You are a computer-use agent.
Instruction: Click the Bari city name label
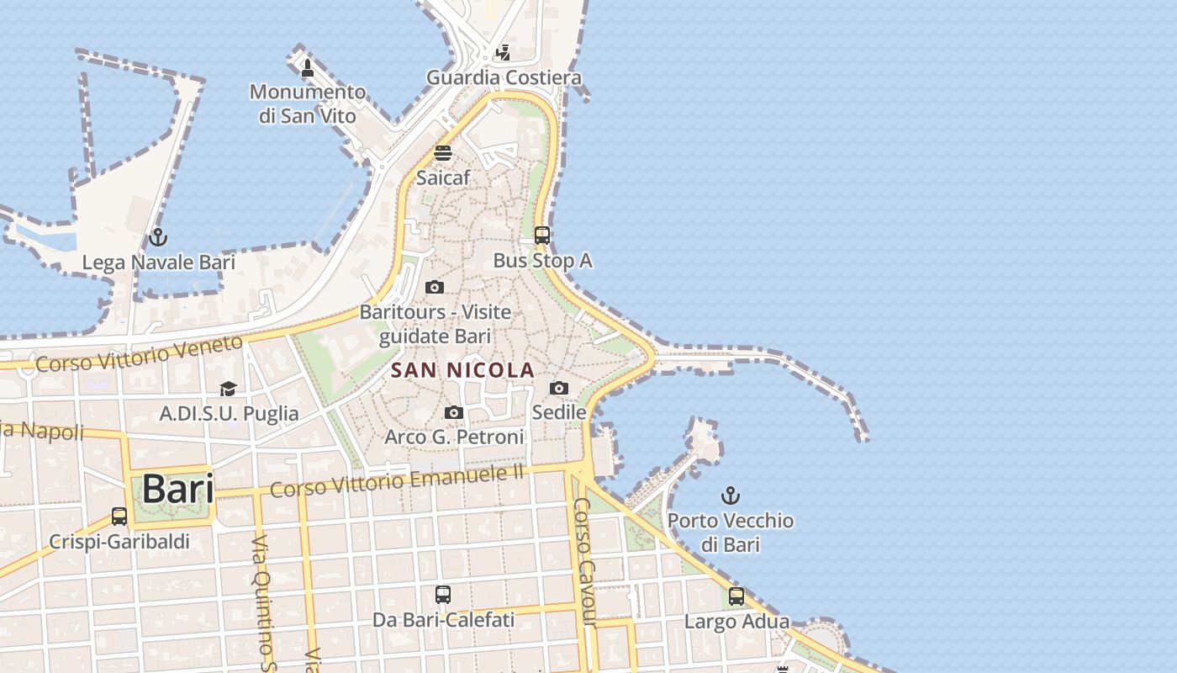[x=177, y=489]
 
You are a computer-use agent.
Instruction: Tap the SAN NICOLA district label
[x=462, y=370]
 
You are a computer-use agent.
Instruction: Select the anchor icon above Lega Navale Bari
[x=158, y=238]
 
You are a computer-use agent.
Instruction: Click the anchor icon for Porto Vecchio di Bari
[x=731, y=495]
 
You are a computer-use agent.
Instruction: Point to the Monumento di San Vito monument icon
[x=308, y=67]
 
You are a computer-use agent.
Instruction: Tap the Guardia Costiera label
[x=504, y=78]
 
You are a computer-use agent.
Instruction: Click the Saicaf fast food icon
[x=443, y=153]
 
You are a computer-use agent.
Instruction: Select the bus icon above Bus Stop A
[x=542, y=236]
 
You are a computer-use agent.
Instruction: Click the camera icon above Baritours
[x=435, y=288]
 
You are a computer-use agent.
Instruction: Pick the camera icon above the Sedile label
[x=559, y=388]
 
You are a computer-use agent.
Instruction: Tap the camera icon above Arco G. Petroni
[x=454, y=412]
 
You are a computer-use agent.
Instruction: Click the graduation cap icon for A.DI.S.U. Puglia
[x=228, y=389]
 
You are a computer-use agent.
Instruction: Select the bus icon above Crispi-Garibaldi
[x=119, y=517]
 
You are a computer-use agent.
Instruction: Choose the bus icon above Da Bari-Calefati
[x=443, y=595]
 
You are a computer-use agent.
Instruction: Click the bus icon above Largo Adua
[x=736, y=596]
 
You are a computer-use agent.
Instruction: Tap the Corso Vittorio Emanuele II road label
[x=397, y=479]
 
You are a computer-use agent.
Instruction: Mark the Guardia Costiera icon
[x=503, y=53]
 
